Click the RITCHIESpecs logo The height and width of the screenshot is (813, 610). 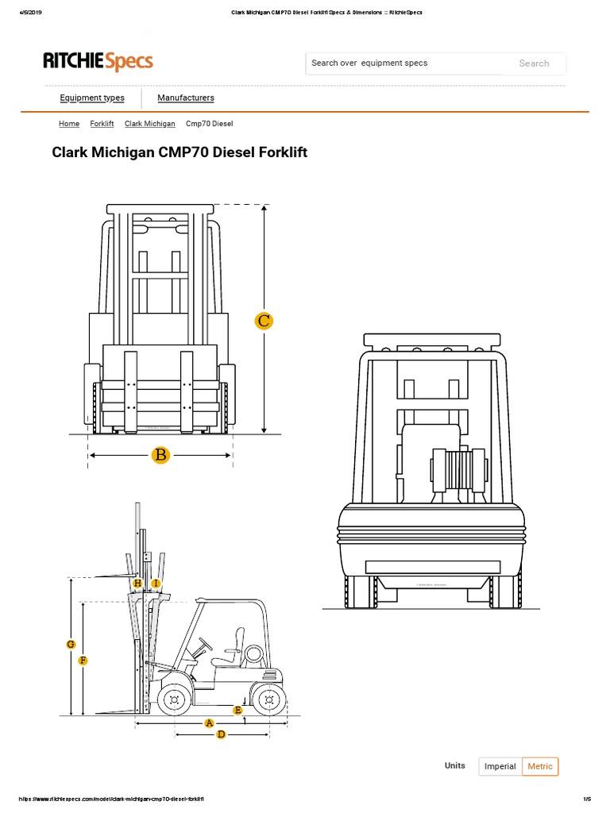pyautogui.click(x=98, y=61)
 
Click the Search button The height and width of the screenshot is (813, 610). pyautogui.click(x=534, y=64)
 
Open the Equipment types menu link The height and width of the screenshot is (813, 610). pyautogui.click(x=92, y=98)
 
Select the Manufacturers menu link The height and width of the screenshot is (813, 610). pyautogui.click(x=186, y=98)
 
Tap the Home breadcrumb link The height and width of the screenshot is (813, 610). pyautogui.click(x=69, y=124)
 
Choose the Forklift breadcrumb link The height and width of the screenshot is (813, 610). pyautogui.click(x=102, y=124)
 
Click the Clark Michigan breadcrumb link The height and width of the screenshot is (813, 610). pyautogui.click(x=150, y=124)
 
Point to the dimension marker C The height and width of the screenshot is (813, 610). pyautogui.click(x=264, y=321)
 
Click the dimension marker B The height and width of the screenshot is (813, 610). pyautogui.click(x=161, y=455)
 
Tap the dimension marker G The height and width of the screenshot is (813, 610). pyautogui.click(x=71, y=644)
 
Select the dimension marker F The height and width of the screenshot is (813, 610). pyautogui.click(x=83, y=661)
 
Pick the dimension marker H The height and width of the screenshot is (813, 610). pyautogui.click(x=138, y=584)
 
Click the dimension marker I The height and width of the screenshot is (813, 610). pyautogui.click(x=156, y=584)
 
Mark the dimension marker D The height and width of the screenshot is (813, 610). pyautogui.click(x=222, y=734)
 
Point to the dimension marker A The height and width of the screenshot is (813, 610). pyautogui.click(x=210, y=722)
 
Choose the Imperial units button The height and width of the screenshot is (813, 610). pyautogui.click(x=500, y=766)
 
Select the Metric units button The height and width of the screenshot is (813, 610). pyautogui.click(x=540, y=766)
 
